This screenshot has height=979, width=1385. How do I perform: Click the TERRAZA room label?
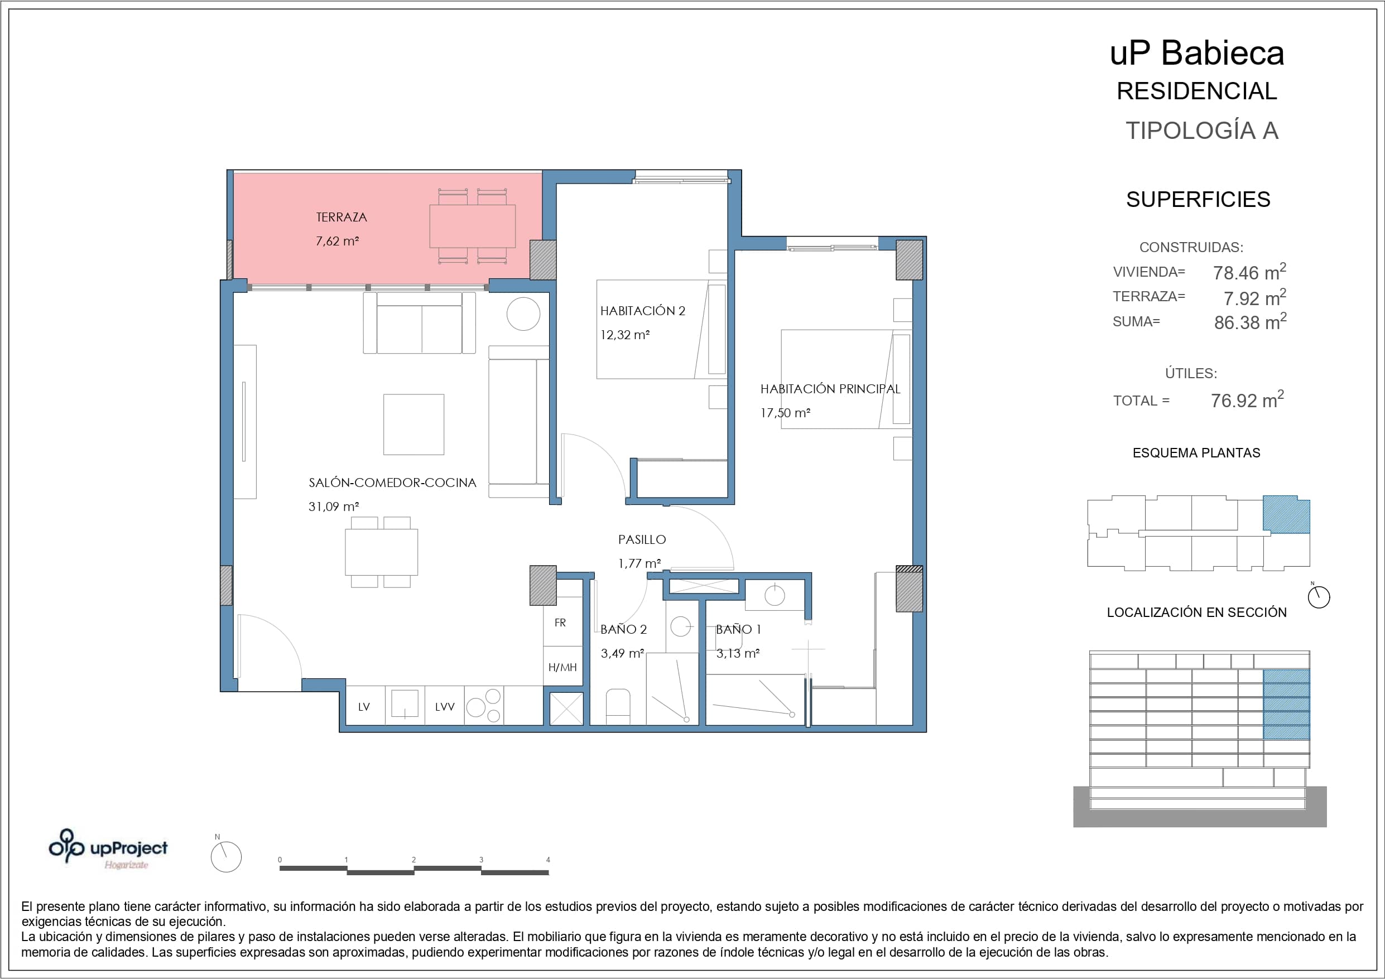pyautogui.click(x=342, y=217)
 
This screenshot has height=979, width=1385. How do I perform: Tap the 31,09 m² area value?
pyautogui.click(x=334, y=507)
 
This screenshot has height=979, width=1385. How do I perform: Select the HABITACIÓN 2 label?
pyautogui.click(x=642, y=311)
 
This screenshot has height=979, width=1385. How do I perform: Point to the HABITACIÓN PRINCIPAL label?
pyautogui.click(x=830, y=389)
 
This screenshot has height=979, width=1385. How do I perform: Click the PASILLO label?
pyautogui.click(x=642, y=540)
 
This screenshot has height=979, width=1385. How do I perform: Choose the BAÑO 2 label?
pyautogui.click(x=623, y=630)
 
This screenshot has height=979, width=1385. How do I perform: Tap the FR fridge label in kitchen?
pyautogui.click(x=560, y=623)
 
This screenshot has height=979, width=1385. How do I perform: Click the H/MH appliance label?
pyautogui.click(x=562, y=667)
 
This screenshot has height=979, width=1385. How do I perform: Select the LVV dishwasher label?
pyautogui.click(x=445, y=707)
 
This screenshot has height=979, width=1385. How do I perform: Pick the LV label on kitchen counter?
pyautogui.click(x=364, y=707)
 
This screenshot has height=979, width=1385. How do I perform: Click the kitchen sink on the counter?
pyautogui.click(x=405, y=704)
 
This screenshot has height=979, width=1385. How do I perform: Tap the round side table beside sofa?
pyautogui.click(x=523, y=314)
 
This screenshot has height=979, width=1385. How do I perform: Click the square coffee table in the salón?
pyautogui.click(x=414, y=425)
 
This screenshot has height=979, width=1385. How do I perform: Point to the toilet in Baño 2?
pyautogui.click(x=618, y=706)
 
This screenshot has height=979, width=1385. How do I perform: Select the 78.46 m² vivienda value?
pyautogui.click(x=1249, y=272)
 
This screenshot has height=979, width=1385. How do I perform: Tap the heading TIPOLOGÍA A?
pyautogui.click(x=1201, y=131)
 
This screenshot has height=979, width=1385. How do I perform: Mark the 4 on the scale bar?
pyautogui.click(x=548, y=860)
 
